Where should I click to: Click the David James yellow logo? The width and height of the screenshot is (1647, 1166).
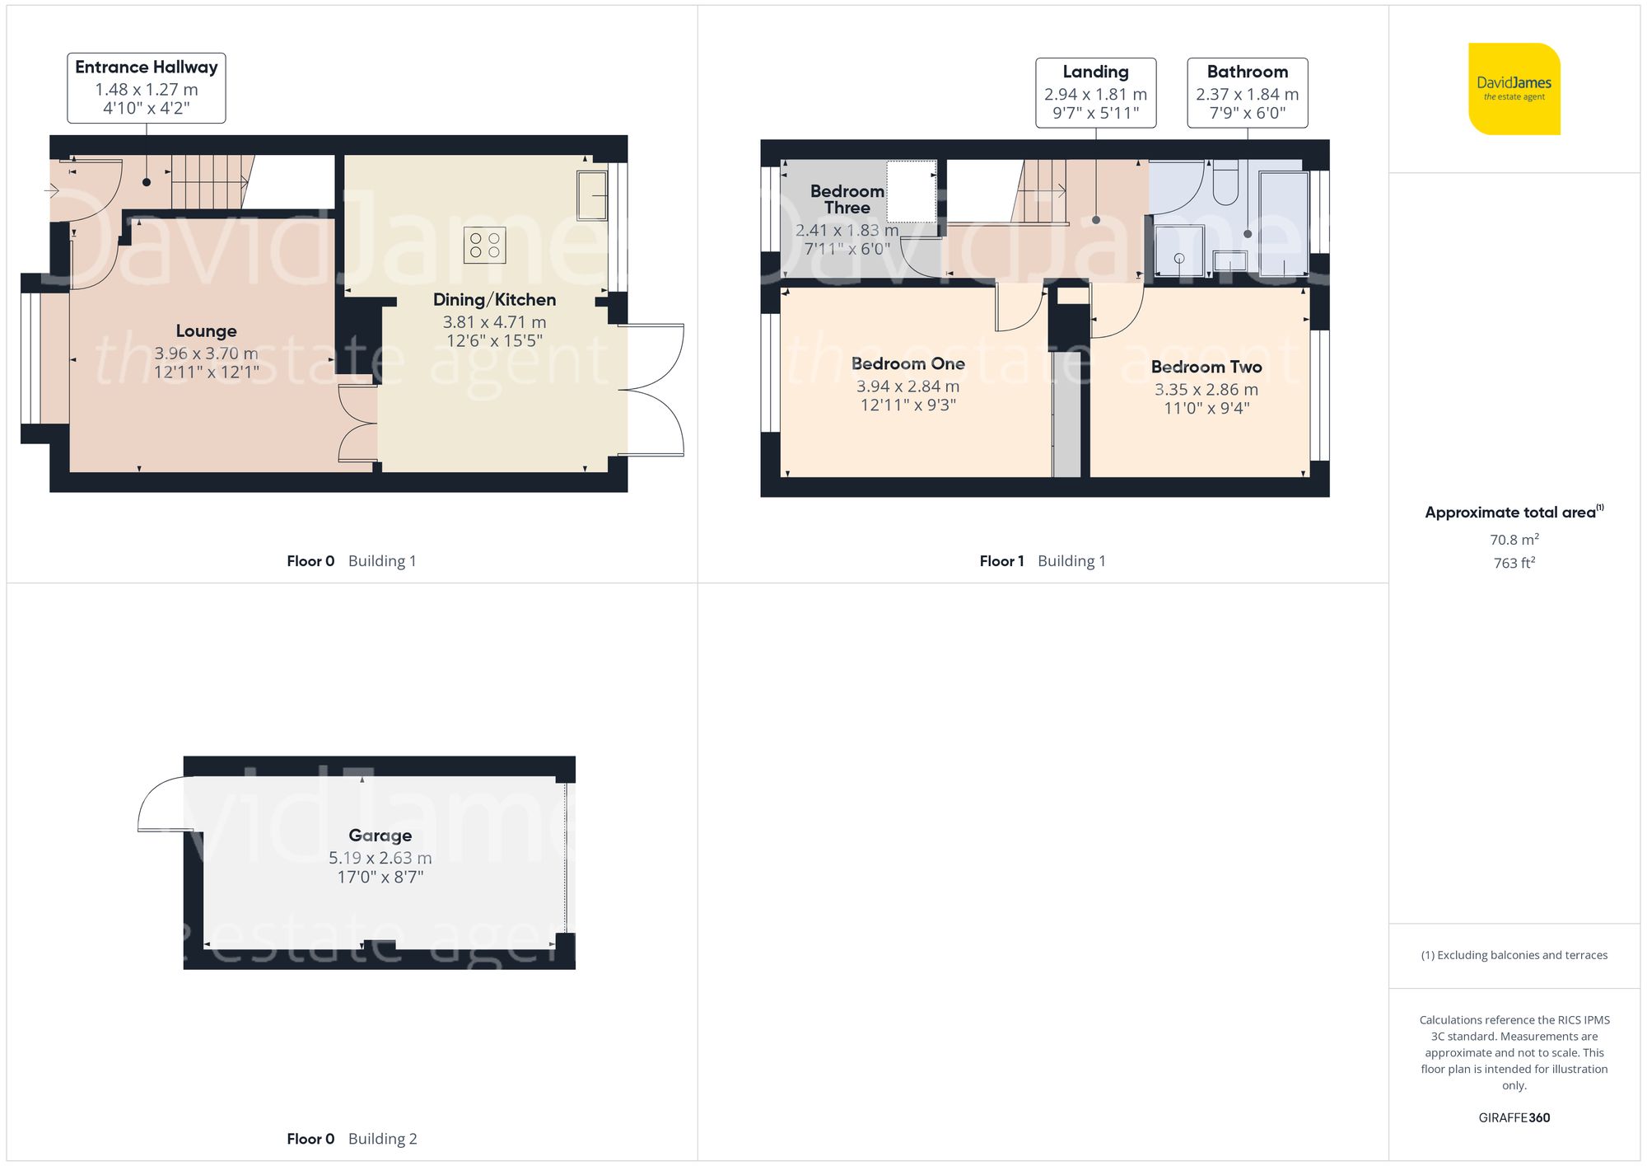[1514, 89]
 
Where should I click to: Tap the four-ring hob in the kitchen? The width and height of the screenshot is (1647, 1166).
[484, 245]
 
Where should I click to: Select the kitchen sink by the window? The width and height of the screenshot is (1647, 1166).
[591, 195]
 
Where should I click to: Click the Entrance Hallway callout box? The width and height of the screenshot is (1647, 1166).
[147, 87]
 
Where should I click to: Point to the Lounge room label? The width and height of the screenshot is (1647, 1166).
[206, 331]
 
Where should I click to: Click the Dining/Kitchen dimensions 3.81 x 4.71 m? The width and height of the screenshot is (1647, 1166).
[494, 322]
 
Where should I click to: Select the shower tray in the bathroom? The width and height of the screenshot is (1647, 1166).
[1179, 251]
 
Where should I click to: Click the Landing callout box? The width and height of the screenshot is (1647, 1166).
[1095, 92]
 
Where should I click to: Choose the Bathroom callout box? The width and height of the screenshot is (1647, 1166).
[1247, 92]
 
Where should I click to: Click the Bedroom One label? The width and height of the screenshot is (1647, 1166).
[907, 364]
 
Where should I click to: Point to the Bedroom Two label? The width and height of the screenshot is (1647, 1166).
[1206, 368]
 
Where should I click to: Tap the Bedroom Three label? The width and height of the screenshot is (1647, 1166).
[847, 199]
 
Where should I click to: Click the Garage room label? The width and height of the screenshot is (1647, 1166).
[380, 836]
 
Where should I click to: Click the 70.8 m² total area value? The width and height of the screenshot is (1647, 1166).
[1514, 540]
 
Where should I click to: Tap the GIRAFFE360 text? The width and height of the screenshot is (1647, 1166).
[1514, 1117]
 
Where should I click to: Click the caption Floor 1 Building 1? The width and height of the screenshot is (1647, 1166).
[1042, 561]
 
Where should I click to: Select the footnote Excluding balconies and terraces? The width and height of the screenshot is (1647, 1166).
[1514, 955]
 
